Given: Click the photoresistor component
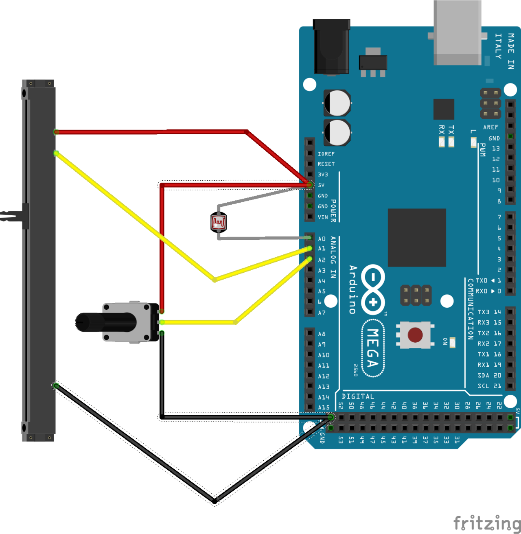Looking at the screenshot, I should coord(219,223).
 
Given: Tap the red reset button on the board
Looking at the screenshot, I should coord(415,335).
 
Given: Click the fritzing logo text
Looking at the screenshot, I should coord(487,523).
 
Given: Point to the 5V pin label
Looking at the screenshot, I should coord(322,185).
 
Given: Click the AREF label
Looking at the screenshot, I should coord(490,127).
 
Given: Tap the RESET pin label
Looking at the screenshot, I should coord(326,164).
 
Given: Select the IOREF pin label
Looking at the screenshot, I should coord(326,154).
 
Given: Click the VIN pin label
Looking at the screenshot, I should coord(323,217).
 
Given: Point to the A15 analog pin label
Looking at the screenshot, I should coord(324,407).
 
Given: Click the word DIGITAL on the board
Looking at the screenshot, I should coord(358,396).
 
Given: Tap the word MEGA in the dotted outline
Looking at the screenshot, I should coord(373,348).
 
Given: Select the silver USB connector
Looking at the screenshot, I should coord(458,33).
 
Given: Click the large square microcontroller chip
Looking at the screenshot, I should coord(417,238).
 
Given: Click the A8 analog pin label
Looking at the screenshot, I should coord(322,334).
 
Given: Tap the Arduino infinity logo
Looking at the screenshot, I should coord(373,289).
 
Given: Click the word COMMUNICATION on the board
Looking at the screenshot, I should coord(471,309).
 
